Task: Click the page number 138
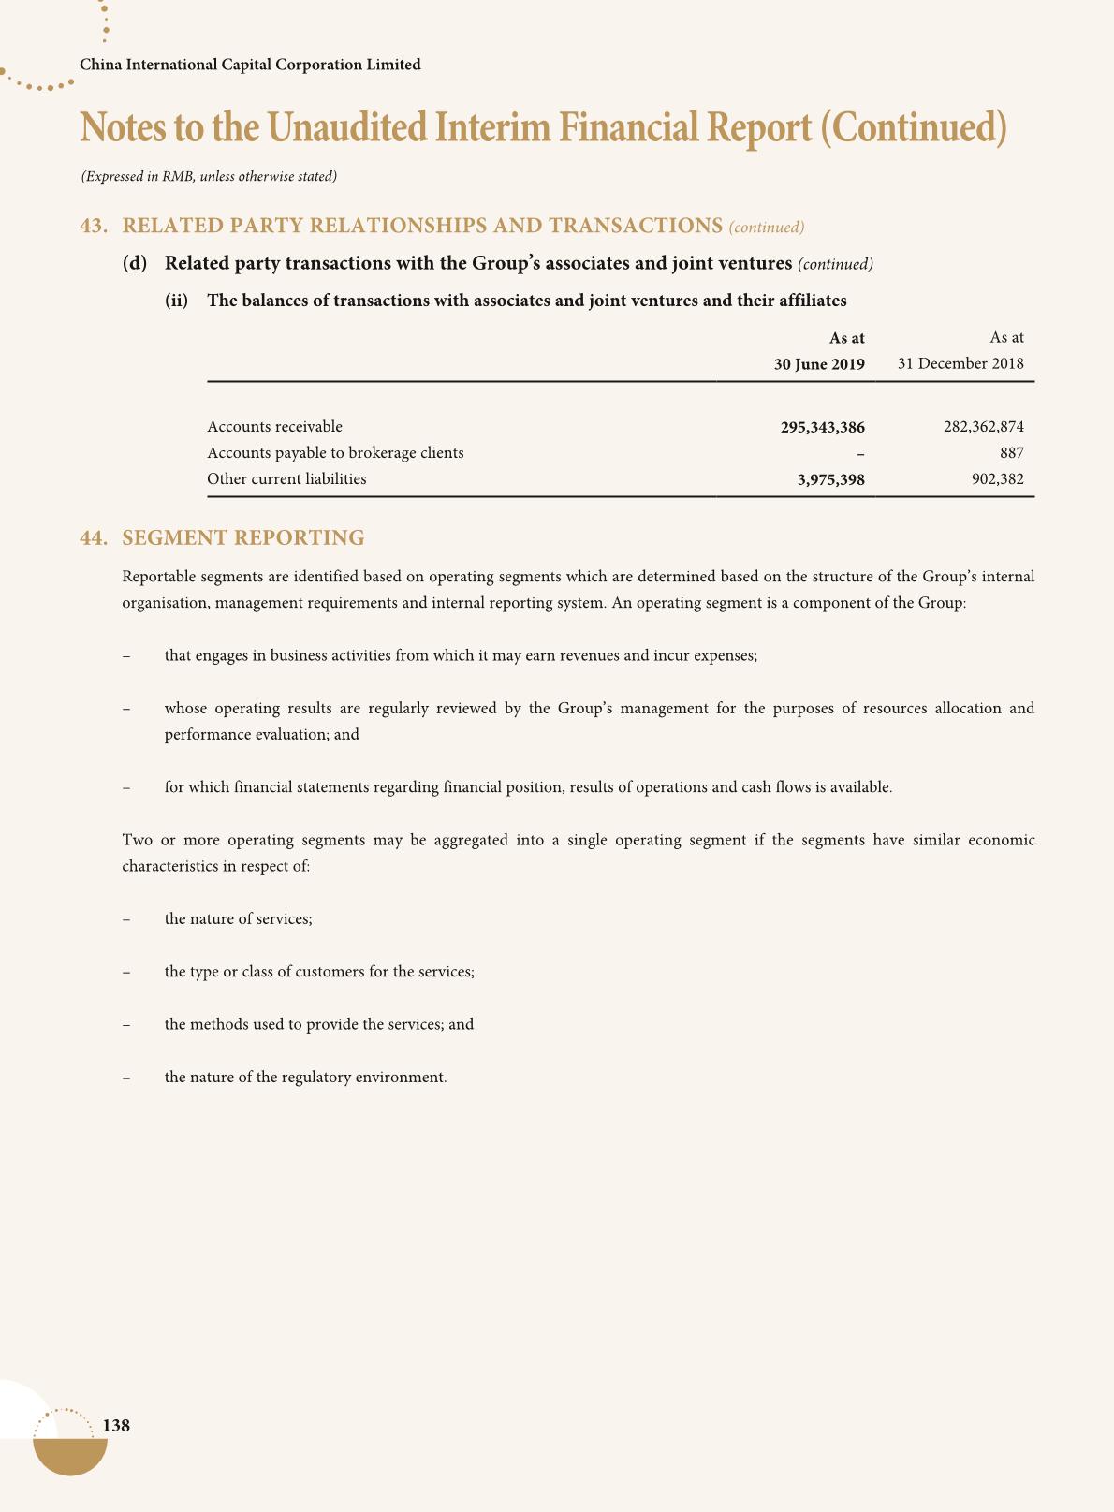pyautogui.click(x=116, y=1426)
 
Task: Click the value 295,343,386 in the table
pyautogui.click(x=822, y=428)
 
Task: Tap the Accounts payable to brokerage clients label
pyautogui.click(x=335, y=453)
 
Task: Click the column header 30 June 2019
pyautogui.click(x=818, y=364)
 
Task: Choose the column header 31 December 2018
pyautogui.click(x=960, y=363)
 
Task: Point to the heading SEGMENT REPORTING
pyautogui.click(x=243, y=538)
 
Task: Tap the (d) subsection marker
pyautogui.click(x=135, y=263)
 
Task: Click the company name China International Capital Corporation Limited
pyautogui.click(x=251, y=65)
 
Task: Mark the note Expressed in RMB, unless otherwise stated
pyautogui.click(x=209, y=176)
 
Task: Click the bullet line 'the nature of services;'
pyautogui.click(x=238, y=919)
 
